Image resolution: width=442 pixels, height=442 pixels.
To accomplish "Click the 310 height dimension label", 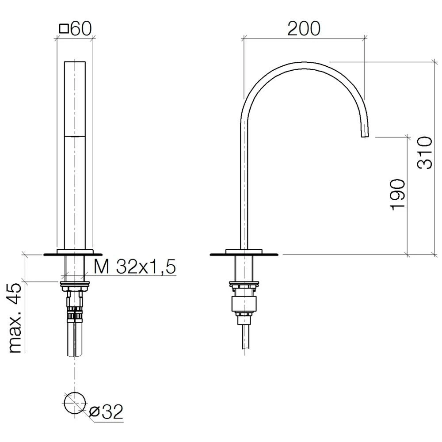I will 425,152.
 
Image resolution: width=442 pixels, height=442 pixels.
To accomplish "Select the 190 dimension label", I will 397,195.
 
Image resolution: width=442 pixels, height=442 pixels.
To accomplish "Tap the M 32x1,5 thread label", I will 135,267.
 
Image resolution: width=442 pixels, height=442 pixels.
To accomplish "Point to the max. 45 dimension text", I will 16,318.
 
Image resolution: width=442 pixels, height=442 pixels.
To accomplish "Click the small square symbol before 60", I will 64,29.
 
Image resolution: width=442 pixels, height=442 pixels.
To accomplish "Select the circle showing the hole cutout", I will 75,402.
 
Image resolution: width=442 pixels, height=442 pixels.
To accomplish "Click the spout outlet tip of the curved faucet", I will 365,133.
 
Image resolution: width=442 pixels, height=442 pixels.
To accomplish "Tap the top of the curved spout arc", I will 305,63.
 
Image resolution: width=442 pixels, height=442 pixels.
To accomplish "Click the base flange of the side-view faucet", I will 244,254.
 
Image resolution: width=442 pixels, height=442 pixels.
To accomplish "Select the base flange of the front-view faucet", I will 73,254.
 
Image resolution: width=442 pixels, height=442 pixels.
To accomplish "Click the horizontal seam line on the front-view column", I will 75,137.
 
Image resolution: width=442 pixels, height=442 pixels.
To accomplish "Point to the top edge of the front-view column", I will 75,61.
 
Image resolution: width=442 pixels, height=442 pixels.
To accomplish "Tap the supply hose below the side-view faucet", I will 244,336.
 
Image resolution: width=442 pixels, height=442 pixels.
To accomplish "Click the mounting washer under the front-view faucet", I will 75,282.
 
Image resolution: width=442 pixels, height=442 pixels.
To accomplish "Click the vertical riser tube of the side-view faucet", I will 244,186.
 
